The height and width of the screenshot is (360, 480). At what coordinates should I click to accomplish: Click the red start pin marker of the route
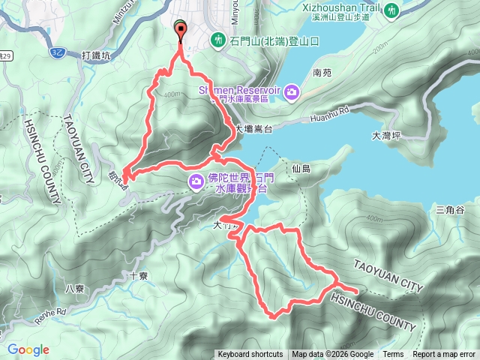pyautogui.click(x=180, y=29)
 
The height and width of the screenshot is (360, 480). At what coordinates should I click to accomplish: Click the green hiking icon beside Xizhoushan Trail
pyautogui.click(x=391, y=10)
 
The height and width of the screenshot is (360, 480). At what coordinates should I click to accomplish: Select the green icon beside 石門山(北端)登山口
pyautogui.click(x=217, y=39)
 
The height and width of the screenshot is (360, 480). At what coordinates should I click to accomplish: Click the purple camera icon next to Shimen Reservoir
pyautogui.click(x=291, y=91)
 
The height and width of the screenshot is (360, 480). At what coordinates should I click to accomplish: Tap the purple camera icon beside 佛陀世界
pyautogui.click(x=196, y=181)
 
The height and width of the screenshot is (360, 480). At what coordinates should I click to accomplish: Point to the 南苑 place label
pyautogui.click(x=322, y=73)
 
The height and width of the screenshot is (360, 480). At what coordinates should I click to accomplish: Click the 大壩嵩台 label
pyautogui.click(x=253, y=129)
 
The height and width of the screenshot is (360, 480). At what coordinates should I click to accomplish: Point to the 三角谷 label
pyautogui.click(x=451, y=210)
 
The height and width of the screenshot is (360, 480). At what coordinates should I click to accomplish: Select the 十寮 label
pyautogui.click(x=138, y=276)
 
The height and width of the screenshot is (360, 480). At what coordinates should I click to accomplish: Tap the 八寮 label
pyautogui.click(x=74, y=288)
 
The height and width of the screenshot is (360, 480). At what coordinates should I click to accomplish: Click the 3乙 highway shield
pyautogui.click(x=59, y=51)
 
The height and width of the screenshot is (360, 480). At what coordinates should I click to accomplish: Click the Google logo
pyautogui.click(x=28, y=349)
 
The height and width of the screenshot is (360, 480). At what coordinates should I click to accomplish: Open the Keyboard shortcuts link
pyautogui.click(x=250, y=355)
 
